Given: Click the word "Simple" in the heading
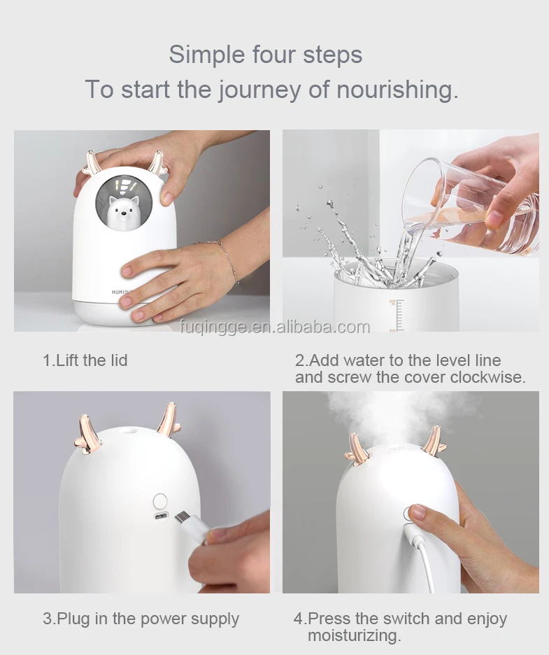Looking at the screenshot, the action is click(207, 55).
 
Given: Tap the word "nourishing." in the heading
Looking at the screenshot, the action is click(398, 89).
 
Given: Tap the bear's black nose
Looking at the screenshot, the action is click(121, 216).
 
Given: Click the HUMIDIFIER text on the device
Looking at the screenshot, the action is click(120, 291).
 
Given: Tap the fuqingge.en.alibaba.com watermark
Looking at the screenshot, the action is click(275, 327).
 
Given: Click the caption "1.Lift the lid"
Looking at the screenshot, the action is click(85, 360).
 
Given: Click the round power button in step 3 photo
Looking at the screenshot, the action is click(160, 500).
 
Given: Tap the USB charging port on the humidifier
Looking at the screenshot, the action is click(161, 517).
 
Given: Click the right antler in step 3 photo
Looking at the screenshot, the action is click(169, 419).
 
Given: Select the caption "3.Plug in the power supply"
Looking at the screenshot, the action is click(141, 619).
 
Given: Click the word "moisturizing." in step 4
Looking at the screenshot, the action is click(355, 635).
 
